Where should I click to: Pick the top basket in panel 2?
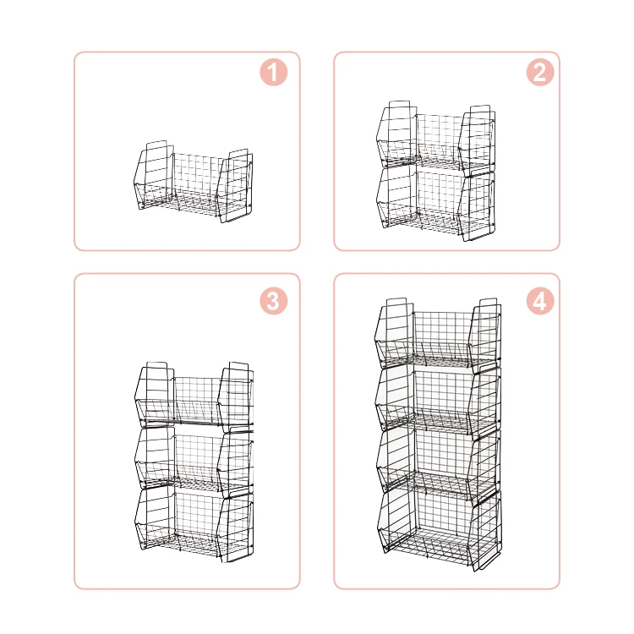click(x=436, y=137)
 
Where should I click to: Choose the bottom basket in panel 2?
click(x=436, y=201)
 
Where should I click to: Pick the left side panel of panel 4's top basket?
click(x=394, y=332)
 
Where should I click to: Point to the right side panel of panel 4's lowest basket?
click(x=485, y=528)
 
